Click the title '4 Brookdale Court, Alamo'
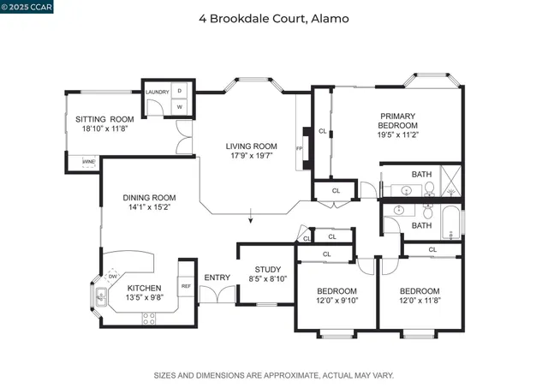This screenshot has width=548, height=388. pos(273,18)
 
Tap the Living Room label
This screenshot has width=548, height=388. pos(252,146)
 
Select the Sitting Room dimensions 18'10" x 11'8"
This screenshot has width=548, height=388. pos(104,128)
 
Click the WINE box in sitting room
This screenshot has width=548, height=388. pos(88,161)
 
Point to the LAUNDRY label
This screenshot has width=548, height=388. pos(157,92)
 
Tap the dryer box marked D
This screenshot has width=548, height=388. pos(180,92)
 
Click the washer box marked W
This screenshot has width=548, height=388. pos(180,107)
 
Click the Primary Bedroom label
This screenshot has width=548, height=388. pos(398,121)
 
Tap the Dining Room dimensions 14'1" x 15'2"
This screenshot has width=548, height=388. pos(149,206)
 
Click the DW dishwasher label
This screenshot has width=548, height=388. pos(112,276)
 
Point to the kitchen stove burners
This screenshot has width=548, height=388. pos(149,319)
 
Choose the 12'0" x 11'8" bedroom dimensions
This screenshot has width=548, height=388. pos(420,300)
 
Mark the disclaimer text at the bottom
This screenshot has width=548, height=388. pos(273,375)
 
